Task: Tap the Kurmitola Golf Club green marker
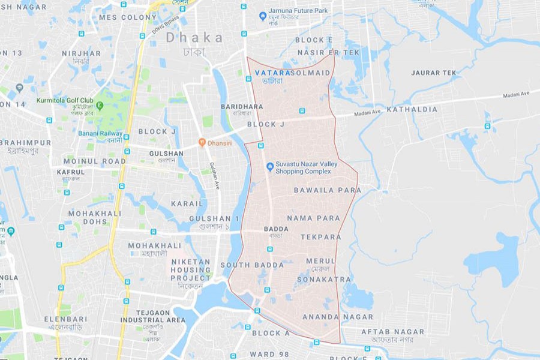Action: (x=100, y=105)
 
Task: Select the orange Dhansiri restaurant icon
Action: (x=203, y=143)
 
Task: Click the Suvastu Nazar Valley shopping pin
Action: (x=270, y=166)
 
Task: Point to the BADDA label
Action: (x=276, y=229)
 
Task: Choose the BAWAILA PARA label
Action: (x=328, y=190)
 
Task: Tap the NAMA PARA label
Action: (x=313, y=218)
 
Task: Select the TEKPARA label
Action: (x=321, y=237)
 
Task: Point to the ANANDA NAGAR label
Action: (x=338, y=317)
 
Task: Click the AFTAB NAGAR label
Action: (x=392, y=332)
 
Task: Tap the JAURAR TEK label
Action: (x=433, y=73)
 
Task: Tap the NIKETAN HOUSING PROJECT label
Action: (x=191, y=270)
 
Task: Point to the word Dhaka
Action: (x=194, y=37)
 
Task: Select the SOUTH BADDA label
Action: (x=252, y=265)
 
